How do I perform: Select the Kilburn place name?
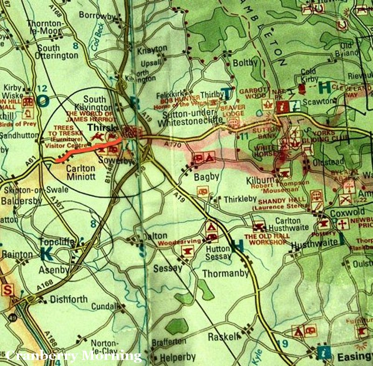pyautogui.click(x=256, y=178)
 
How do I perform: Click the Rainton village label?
pyautogui.click(x=18, y=254)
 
